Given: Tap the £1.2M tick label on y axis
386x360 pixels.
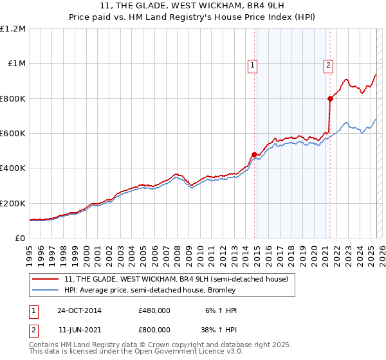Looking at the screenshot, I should [13, 29].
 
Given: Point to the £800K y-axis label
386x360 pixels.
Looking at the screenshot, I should [13, 99].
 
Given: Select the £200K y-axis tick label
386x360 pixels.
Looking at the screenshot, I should [13, 203].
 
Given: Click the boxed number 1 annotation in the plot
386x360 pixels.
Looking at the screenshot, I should [252, 64].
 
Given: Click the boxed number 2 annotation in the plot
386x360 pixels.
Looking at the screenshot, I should [328, 64].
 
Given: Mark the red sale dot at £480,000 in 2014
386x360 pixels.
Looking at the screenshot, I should [254, 154].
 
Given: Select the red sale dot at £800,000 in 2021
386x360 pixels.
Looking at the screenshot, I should [330, 98].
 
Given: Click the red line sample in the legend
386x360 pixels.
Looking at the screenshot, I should [46, 279].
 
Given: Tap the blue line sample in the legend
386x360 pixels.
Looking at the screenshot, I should [46, 290].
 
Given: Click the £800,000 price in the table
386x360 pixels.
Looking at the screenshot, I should [154, 329].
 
